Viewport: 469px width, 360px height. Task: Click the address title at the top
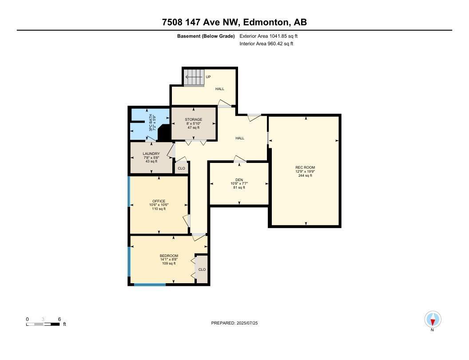pyautogui.click(x=234, y=22)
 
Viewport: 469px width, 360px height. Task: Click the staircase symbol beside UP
pyautogui.click(x=194, y=77)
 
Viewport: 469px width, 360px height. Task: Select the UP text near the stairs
pyautogui.click(x=208, y=77)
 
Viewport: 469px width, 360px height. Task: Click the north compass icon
pyautogui.click(x=433, y=320)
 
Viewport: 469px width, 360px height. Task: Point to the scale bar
pyautogui.click(x=43, y=324)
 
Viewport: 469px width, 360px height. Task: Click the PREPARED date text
pyautogui.click(x=234, y=323)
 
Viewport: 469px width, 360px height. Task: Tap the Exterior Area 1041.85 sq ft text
pyautogui.click(x=265, y=36)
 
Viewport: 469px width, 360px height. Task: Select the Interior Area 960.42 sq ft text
pyautogui.click(x=266, y=44)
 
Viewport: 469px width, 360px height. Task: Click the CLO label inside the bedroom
pyautogui.click(x=202, y=269)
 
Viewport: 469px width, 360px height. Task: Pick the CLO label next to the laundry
pyautogui.click(x=181, y=168)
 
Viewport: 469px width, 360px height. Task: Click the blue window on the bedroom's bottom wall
pyautogui.click(x=150, y=285)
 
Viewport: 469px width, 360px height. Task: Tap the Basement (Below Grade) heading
pyautogui.click(x=206, y=36)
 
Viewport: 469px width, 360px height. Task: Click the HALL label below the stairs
pyautogui.click(x=219, y=89)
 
